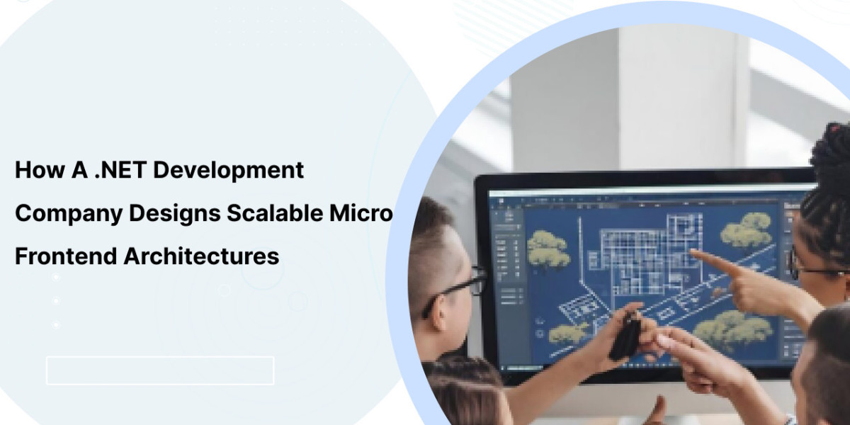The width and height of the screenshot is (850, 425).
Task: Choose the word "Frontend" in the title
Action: tap(66, 256)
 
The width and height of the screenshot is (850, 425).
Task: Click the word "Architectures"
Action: tap(201, 256)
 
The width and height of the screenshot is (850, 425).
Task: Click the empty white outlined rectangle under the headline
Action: tap(160, 370)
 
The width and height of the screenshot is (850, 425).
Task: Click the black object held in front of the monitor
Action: tap(625, 336)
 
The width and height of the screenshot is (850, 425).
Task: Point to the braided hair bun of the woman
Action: tap(832, 152)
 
